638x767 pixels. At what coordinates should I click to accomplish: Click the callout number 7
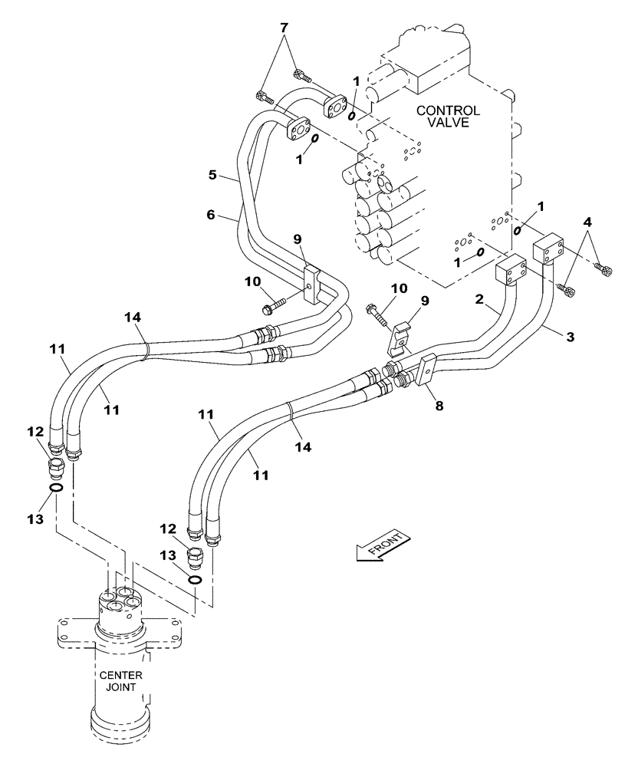click(x=284, y=28)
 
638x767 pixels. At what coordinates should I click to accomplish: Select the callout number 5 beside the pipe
click(x=212, y=175)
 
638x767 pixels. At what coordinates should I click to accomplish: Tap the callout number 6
click(x=212, y=217)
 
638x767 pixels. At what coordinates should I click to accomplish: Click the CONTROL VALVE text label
click(x=448, y=117)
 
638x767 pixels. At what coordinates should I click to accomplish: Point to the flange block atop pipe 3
click(x=548, y=249)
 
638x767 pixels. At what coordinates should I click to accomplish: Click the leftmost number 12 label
click(x=36, y=431)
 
